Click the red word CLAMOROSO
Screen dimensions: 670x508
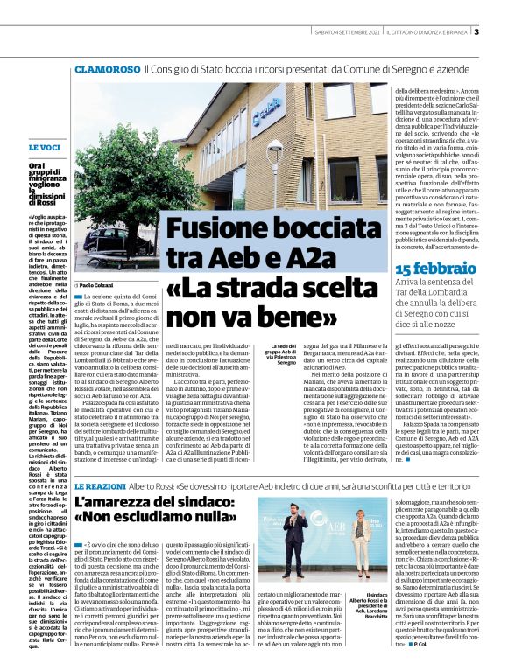108,68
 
